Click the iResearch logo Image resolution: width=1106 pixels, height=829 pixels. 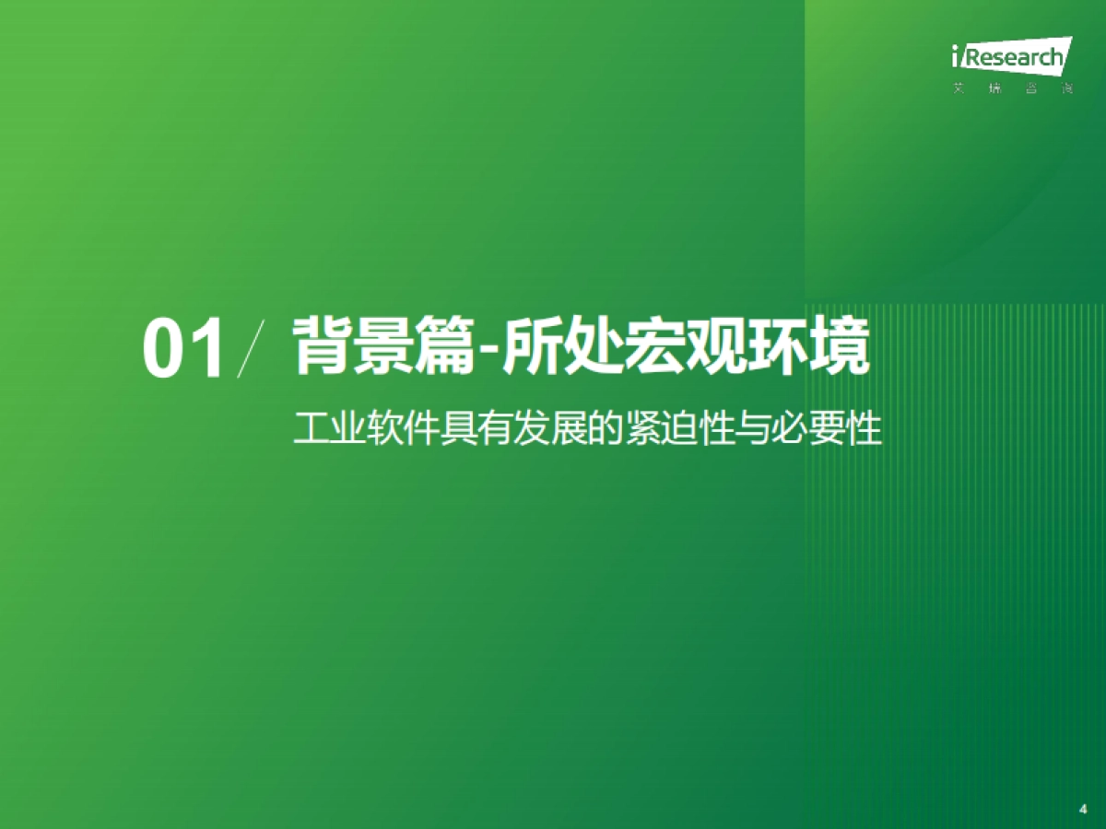pos(1010,57)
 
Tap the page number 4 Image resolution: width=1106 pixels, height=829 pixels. pos(1082,809)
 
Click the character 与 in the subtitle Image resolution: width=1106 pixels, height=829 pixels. pos(753,430)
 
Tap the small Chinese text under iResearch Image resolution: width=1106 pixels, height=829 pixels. pos(1010,90)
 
